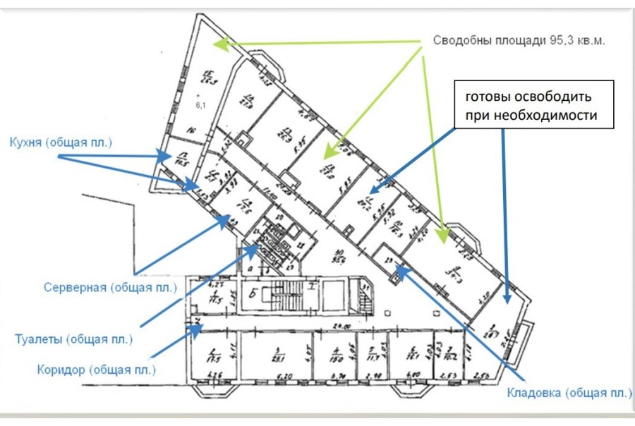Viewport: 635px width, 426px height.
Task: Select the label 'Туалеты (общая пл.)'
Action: pos(73,339)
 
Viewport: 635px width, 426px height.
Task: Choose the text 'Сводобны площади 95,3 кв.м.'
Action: pos(519,40)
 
